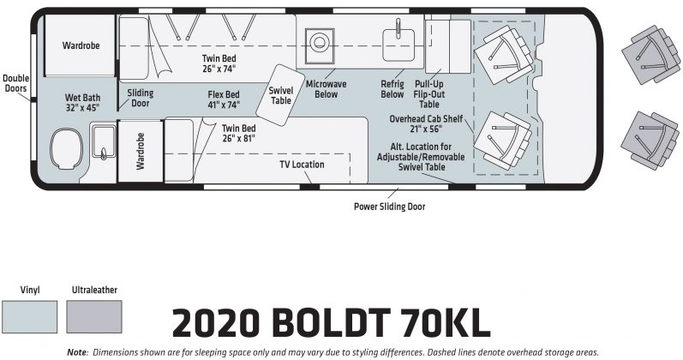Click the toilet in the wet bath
66,148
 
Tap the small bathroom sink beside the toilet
103,141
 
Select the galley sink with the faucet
398,45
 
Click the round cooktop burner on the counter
320,43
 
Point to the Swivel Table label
281,95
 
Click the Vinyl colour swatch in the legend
29,317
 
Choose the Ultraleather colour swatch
94,317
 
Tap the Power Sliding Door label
389,207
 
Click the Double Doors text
15,83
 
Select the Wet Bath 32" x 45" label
82,102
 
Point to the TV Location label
302,165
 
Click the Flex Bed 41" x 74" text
224,99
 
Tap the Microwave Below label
326,89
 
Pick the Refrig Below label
392,89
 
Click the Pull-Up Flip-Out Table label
429,94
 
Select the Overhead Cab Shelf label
426,123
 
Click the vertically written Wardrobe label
141,151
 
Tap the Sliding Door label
141,98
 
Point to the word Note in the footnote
77,352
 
